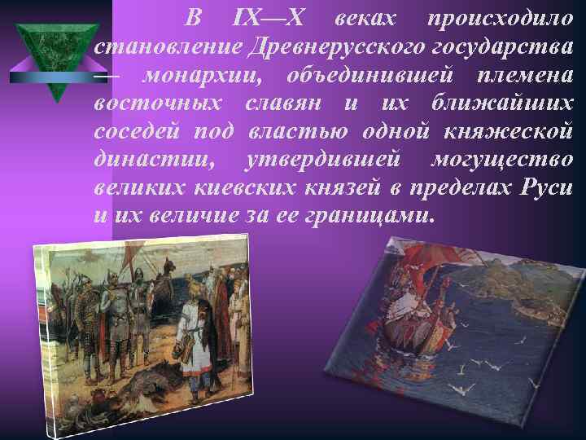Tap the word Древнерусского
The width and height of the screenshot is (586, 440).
335,47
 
